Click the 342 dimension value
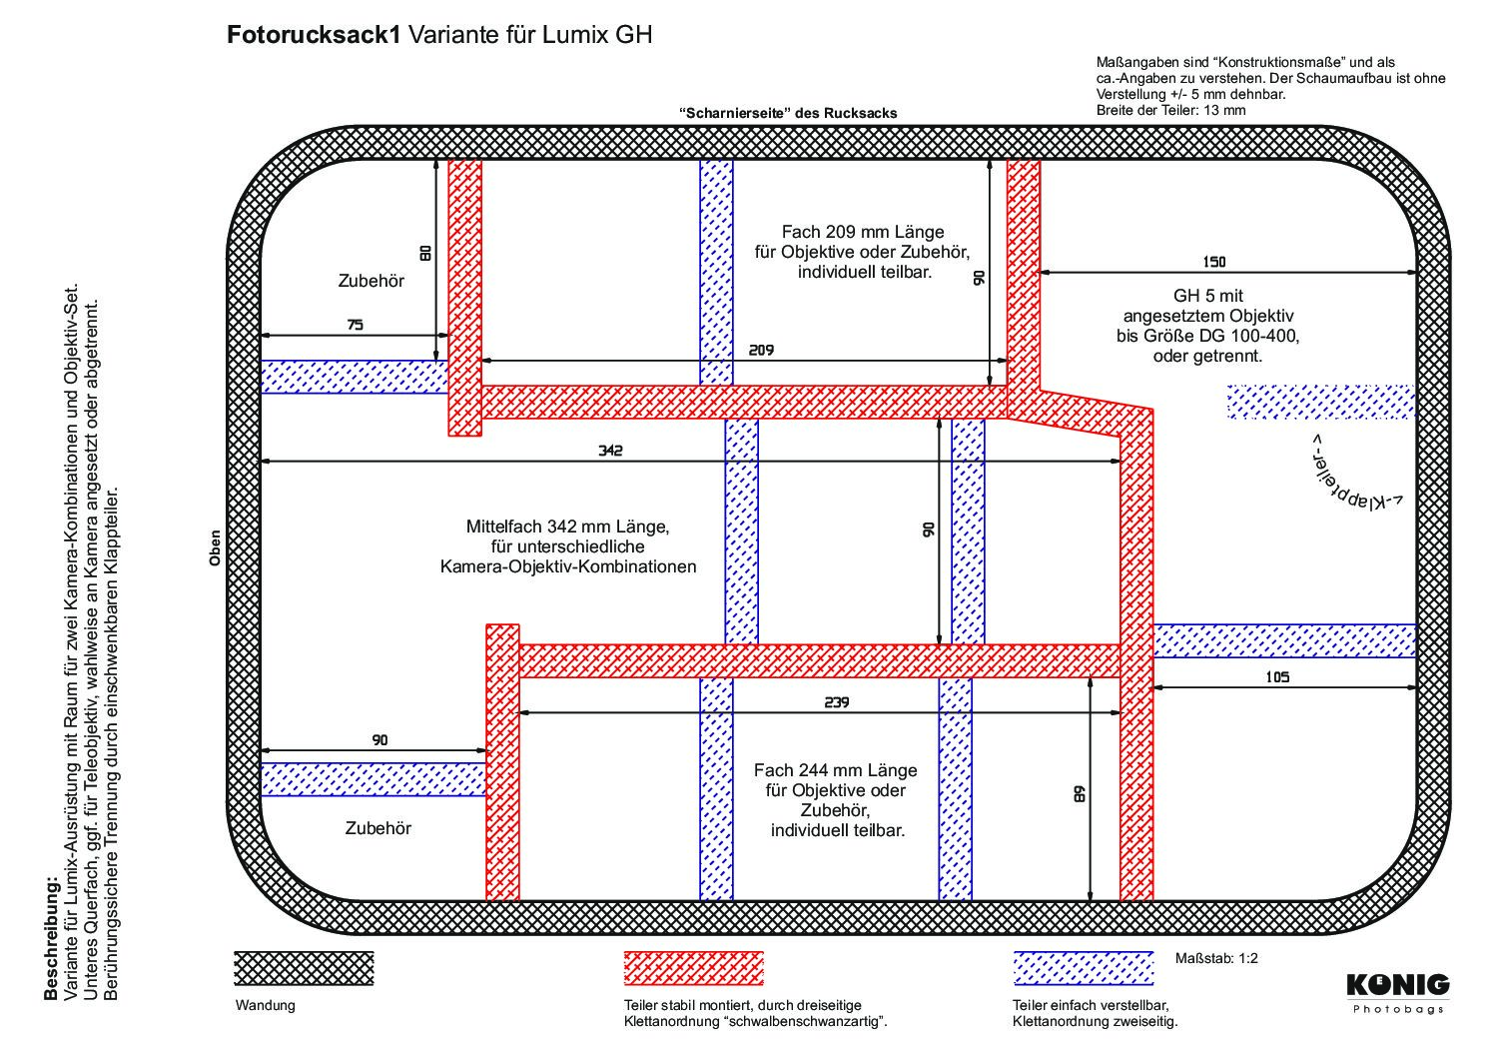pos(610,450)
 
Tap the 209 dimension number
pos(761,350)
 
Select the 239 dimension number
pos(836,701)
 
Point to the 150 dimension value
pos(1214,262)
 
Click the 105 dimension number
pos(1277,677)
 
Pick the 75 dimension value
pos(356,325)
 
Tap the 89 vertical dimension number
pos(1080,794)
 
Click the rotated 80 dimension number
pos(425,253)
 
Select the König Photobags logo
pos(1398,993)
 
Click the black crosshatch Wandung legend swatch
pos(304,968)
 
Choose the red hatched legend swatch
pos(693,968)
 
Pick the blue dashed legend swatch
pos(1084,968)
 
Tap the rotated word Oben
pos(215,547)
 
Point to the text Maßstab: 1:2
pos(1216,958)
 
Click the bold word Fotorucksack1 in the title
pos(314,34)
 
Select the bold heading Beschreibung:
pos(51,937)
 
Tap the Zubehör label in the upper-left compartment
pos(372,281)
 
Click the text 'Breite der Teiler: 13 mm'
pos(1170,110)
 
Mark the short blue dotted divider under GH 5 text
pos(1321,402)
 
